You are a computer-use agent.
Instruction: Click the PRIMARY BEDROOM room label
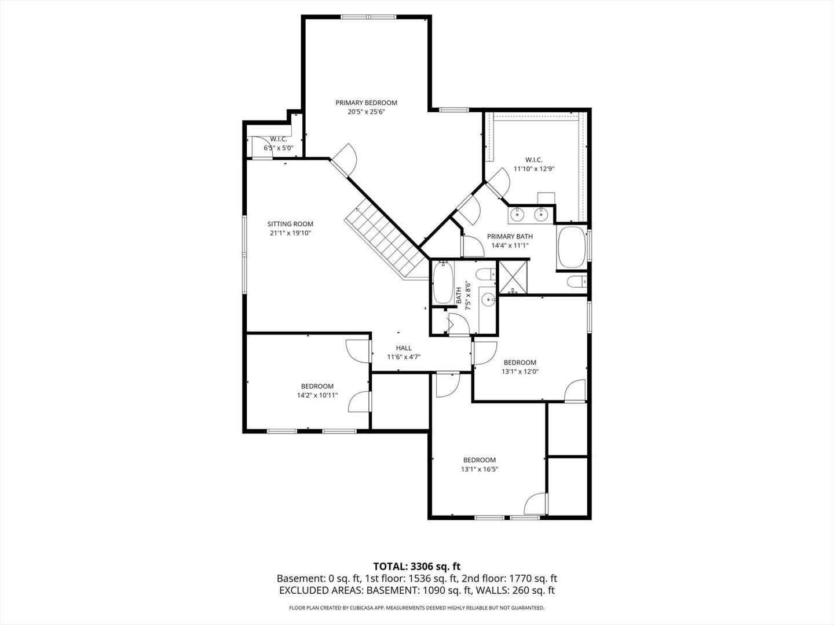[x=366, y=103]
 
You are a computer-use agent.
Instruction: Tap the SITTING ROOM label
[x=290, y=224]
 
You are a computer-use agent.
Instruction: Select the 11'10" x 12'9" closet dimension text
[x=534, y=169]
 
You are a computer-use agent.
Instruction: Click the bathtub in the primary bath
[x=572, y=247]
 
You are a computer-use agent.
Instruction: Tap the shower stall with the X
[x=511, y=278]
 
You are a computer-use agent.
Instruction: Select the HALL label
[x=404, y=348]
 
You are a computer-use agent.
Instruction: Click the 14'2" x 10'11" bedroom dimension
[x=317, y=395]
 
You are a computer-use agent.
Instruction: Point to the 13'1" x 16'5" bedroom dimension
[x=480, y=469]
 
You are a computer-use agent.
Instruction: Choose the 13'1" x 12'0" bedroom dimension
[x=520, y=372]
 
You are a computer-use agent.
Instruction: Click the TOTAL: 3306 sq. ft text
[x=416, y=566]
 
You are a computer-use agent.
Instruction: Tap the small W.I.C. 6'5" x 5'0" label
[x=279, y=144]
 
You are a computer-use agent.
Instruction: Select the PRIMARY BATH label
[x=510, y=236]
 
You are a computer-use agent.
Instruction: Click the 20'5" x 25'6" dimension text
[x=366, y=112]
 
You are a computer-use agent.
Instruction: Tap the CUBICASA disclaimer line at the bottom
[x=416, y=608]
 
